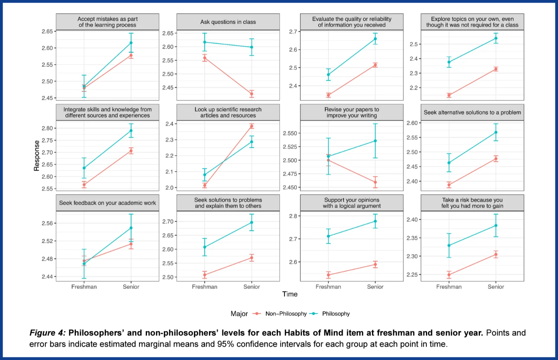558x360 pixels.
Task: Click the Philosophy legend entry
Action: (336, 314)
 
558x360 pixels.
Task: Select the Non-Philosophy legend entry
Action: (286, 314)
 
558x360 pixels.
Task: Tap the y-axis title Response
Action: (36, 155)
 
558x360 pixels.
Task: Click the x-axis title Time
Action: (290, 294)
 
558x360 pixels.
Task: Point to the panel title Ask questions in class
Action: (228, 22)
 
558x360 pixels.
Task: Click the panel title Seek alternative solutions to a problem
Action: (472, 112)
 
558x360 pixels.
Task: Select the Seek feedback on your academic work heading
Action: (108, 203)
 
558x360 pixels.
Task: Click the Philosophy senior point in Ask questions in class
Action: (251, 47)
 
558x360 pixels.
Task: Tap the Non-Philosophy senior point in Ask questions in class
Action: (251, 94)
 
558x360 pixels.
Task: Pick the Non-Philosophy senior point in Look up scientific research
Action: (251, 126)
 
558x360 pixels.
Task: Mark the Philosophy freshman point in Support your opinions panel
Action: (328, 236)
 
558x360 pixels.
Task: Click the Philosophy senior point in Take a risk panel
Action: (496, 225)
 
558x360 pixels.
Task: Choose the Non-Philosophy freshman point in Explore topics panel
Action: (449, 96)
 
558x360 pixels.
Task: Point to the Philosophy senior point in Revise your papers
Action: (375, 141)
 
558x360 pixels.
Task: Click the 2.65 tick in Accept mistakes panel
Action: (47, 32)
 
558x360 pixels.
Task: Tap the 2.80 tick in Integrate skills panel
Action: (47, 128)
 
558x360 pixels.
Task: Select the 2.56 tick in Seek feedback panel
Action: (47, 224)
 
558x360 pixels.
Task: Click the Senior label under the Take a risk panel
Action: (496, 287)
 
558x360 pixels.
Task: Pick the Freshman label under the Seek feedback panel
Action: (84, 287)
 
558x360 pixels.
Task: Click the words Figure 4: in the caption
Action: (48, 333)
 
